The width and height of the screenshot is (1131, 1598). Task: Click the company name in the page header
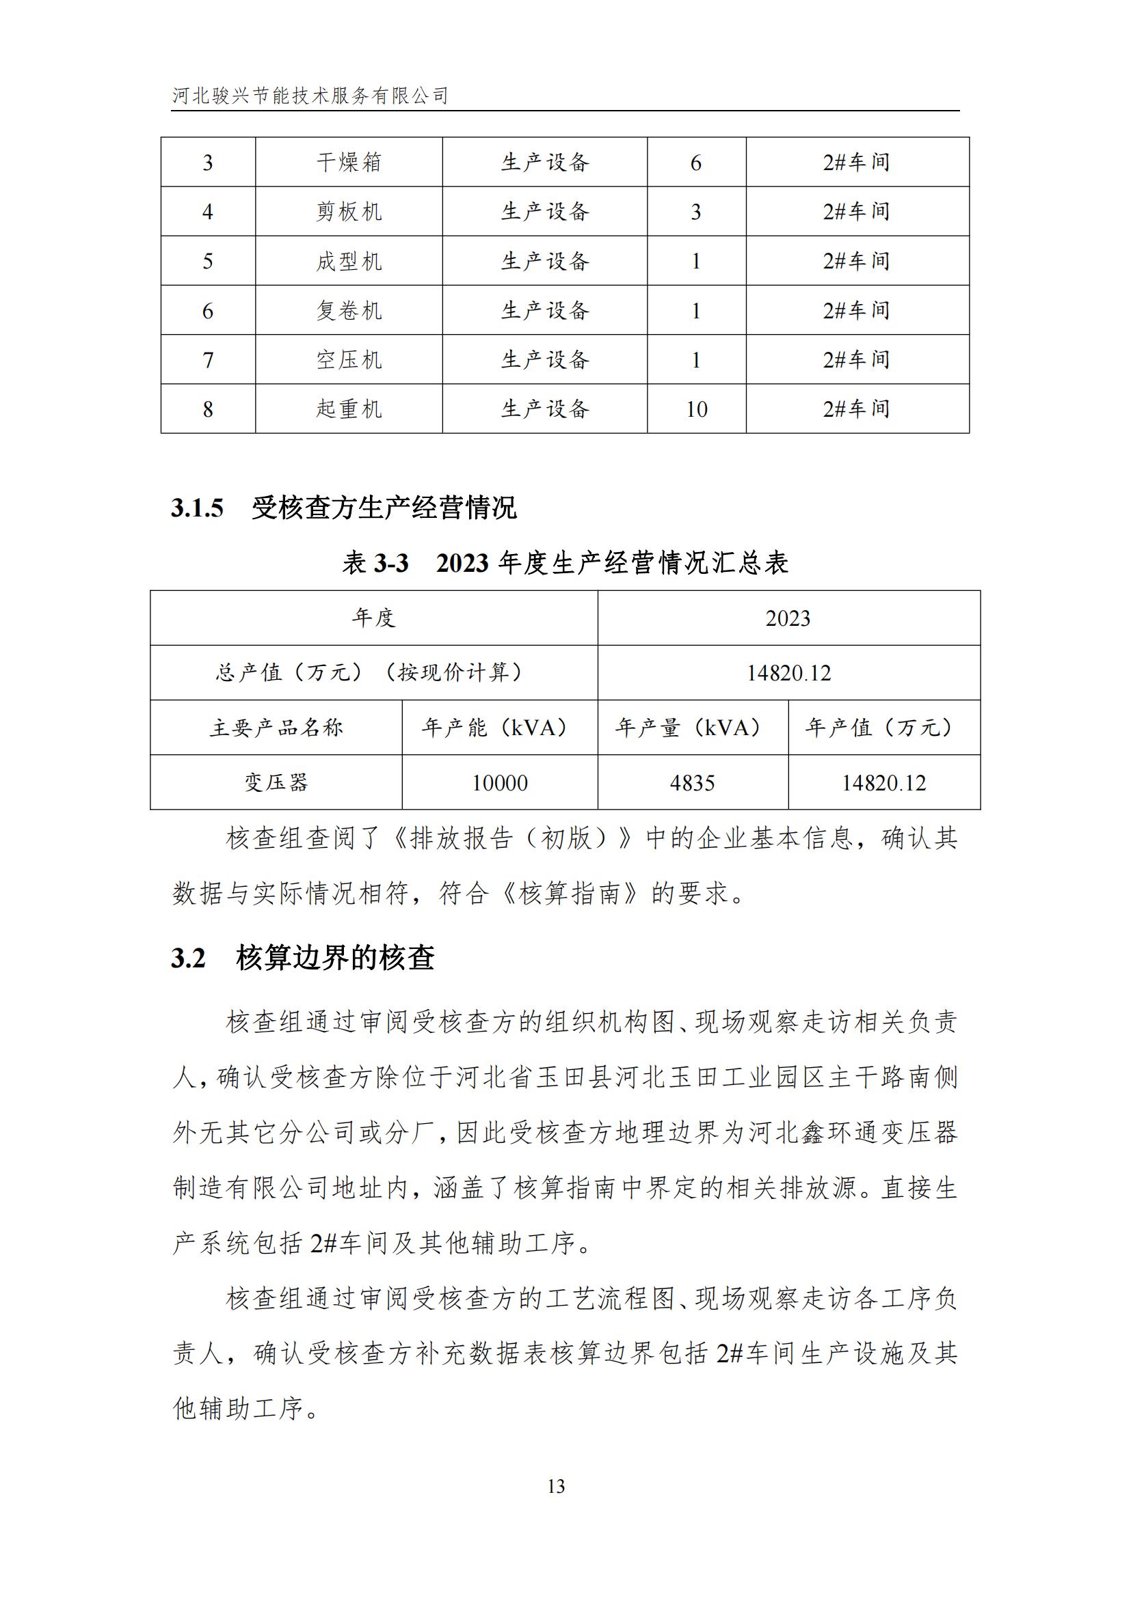[x=310, y=96]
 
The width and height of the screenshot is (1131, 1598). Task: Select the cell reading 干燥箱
[x=349, y=162]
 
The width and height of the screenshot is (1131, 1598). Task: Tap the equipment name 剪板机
[x=349, y=212]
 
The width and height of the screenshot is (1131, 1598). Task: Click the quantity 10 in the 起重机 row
[x=695, y=409]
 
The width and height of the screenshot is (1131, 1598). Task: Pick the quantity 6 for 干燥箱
[x=695, y=163]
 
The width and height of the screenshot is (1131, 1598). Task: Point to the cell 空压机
[x=349, y=360]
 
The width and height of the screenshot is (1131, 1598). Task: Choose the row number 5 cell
[x=208, y=262]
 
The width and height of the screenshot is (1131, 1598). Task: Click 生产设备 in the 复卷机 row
[x=544, y=310]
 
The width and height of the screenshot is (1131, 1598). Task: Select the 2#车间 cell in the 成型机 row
[x=857, y=261]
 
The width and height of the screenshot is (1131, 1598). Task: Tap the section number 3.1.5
[x=197, y=508]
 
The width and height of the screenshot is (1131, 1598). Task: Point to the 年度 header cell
[x=374, y=618]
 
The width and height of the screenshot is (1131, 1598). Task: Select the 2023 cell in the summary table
[x=788, y=618]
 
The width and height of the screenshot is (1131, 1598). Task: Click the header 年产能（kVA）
[x=498, y=728]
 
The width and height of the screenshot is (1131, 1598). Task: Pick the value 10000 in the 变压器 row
[x=499, y=783]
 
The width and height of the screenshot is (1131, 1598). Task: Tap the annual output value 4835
[x=692, y=783]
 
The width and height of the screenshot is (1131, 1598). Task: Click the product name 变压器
[x=276, y=783]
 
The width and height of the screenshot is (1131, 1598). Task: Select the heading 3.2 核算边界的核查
[x=303, y=959]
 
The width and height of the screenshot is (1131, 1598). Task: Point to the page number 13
[x=556, y=1486]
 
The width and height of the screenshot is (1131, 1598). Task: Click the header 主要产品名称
[x=276, y=728]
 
